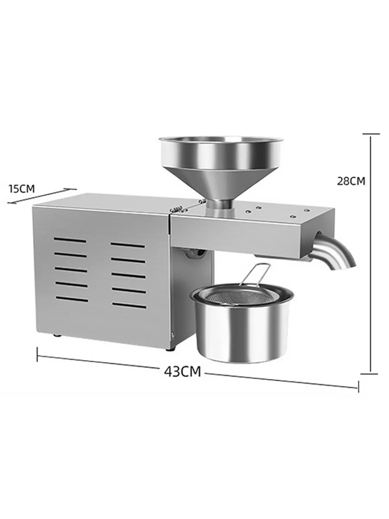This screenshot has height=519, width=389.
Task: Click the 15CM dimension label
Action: pos(22,189)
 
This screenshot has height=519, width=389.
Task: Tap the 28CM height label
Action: pos(351,181)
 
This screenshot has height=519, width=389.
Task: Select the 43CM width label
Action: pos(182,372)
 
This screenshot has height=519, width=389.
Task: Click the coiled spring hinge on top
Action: pos(177,209)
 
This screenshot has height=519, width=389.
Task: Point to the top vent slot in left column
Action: pos(70,240)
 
